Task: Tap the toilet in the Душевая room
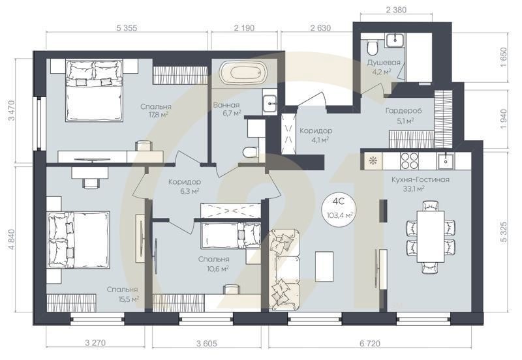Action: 371,48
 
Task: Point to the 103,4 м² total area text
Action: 341,214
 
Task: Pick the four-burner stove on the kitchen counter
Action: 408,159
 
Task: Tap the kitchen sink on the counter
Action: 448,159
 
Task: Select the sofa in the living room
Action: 283,267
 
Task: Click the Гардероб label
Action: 403,111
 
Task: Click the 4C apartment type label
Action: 341,202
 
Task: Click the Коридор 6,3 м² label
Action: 184,186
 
